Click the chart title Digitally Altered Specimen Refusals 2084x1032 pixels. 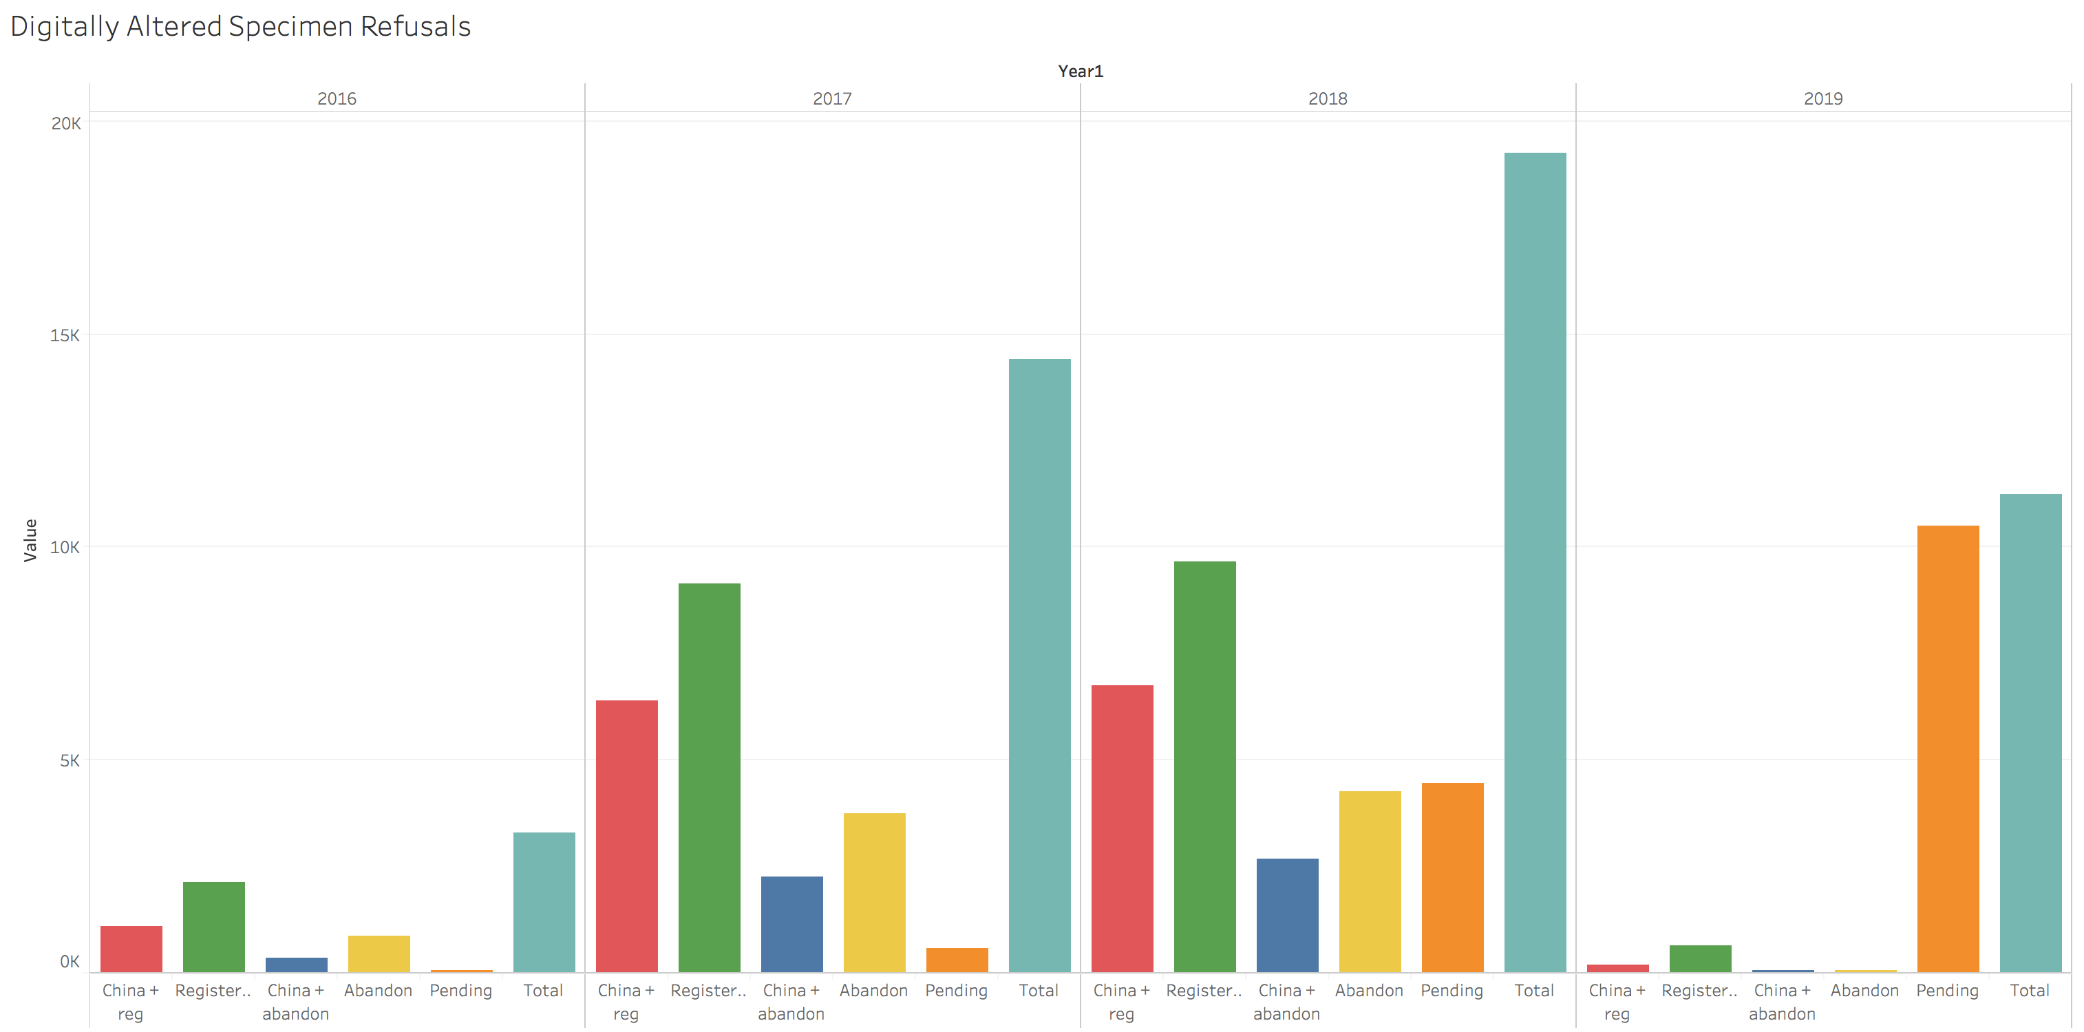[240, 27]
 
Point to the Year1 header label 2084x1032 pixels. [1080, 71]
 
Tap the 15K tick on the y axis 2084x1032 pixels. [65, 335]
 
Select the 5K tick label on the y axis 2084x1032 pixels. [70, 760]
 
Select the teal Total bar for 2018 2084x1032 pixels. [1535, 562]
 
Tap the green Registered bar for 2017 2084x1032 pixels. [709, 777]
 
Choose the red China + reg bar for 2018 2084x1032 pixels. [1121, 828]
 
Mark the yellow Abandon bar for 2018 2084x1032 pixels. [1369, 881]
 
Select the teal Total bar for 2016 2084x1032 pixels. [544, 902]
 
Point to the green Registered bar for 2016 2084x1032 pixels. [213, 926]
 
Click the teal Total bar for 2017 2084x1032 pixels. [1039, 665]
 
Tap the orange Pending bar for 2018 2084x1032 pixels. [1452, 877]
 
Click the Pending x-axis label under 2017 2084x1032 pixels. [956, 990]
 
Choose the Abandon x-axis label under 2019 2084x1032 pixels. [1864, 990]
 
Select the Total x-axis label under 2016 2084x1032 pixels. [543, 990]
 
